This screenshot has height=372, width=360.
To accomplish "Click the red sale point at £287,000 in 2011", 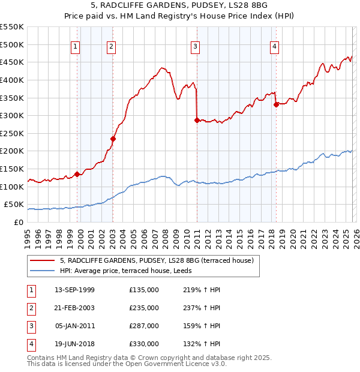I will pyautogui.click(x=197, y=120).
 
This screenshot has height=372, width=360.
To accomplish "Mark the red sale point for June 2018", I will pyautogui.click(x=276, y=104).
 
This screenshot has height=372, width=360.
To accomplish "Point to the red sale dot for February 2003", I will pyautogui.click(x=113, y=139).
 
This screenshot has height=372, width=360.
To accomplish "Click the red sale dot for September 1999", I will pyautogui.click(x=77, y=174).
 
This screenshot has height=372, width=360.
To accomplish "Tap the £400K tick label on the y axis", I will pyautogui.click(x=12, y=80).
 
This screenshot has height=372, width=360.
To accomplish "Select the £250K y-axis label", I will pyautogui.click(x=12, y=133).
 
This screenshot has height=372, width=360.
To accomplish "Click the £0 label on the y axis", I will pyautogui.click(x=18, y=222).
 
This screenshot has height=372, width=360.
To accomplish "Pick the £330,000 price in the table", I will pyautogui.click(x=144, y=344).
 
